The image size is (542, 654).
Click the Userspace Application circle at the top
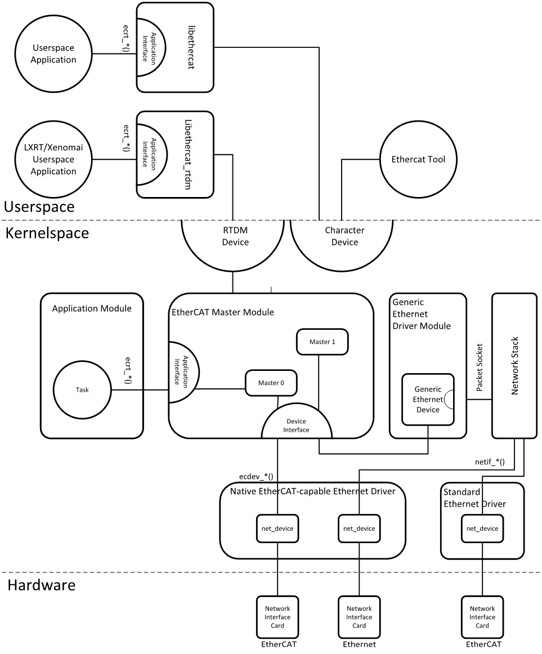(x=53, y=54)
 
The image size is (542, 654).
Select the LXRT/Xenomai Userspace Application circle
(x=53, y=160)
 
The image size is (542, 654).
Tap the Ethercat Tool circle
(x=418, y=159)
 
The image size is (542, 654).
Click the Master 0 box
(x=271, y=383)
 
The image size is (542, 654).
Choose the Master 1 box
(x=322, y=342)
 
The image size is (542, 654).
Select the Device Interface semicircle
(x=297, y=425)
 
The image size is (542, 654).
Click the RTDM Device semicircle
(x=232, y=236)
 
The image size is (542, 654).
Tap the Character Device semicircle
(x=344, y=236)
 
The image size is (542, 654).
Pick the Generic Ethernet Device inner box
(x=427, y=399)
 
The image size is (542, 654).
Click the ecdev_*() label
(x=256, y=476)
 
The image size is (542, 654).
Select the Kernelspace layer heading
(x=47, y=233)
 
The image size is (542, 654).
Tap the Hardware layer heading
(x=42, y=585)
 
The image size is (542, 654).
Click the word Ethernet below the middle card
(x=359, y=644)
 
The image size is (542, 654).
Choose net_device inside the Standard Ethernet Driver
(x=482, y=528)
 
